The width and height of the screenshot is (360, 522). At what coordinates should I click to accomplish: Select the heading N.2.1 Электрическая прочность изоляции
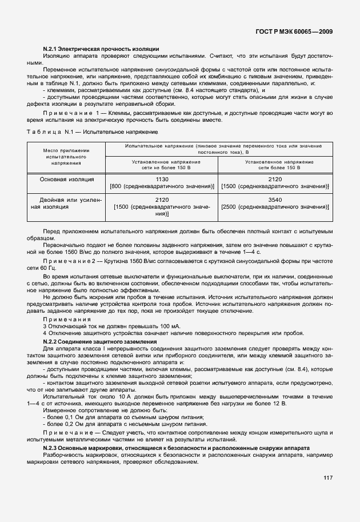point(101,50)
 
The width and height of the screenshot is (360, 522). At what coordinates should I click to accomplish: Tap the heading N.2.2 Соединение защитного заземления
point(100,341)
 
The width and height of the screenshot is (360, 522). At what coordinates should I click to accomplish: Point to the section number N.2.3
point(53,448)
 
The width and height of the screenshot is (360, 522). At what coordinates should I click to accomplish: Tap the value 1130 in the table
point(162,179)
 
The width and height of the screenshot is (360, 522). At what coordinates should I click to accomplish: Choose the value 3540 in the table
point(275,199)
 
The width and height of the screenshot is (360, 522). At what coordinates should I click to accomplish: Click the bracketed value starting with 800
point(162,186)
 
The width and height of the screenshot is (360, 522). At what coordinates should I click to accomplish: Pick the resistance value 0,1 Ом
point(67,417)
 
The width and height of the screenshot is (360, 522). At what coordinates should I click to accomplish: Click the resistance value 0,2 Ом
point(67,425)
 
